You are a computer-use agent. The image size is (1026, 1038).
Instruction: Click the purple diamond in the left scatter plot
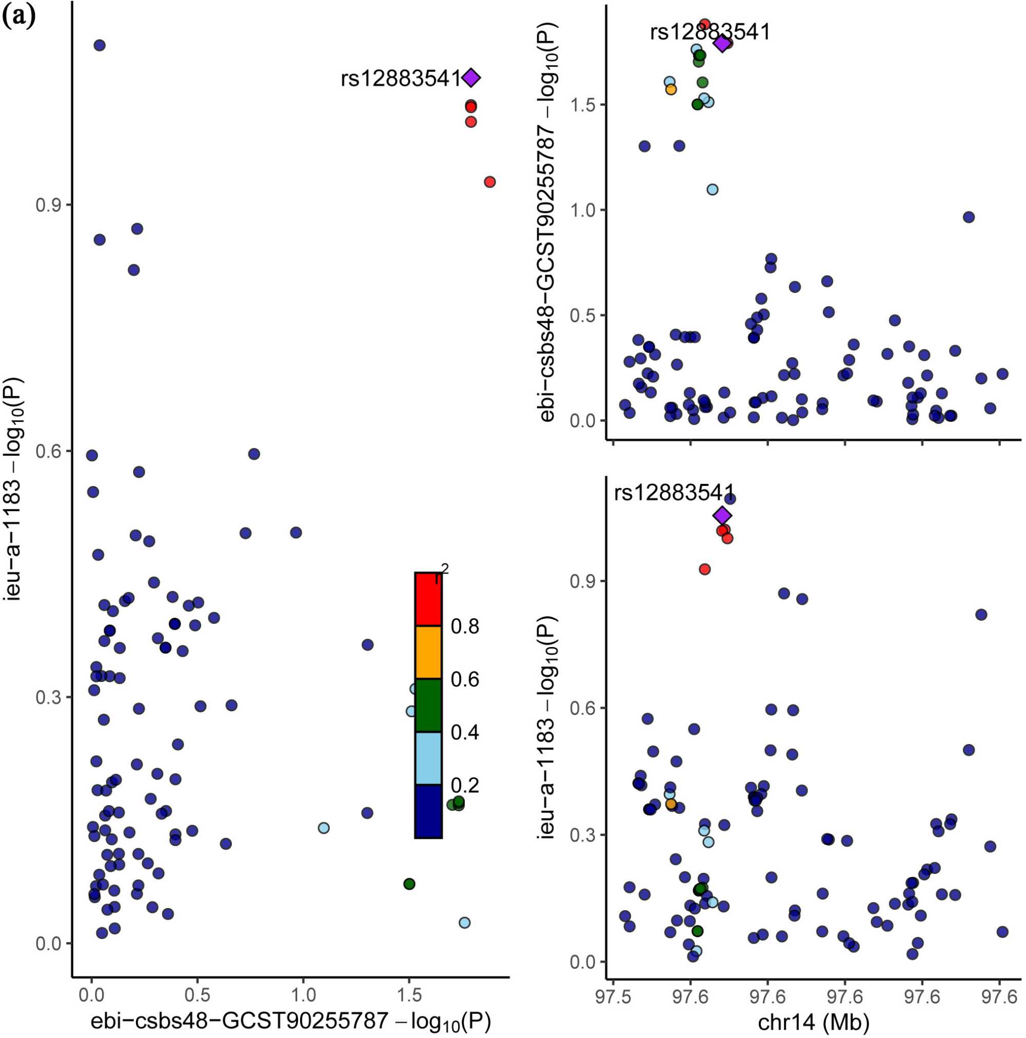click(x=470, y=78)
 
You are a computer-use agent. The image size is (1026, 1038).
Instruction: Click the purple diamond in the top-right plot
click(x=722, y=44)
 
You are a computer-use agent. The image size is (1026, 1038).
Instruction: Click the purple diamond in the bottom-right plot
click(x=722, y=515)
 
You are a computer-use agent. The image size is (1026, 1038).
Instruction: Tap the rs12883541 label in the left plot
click(x=401, y=79)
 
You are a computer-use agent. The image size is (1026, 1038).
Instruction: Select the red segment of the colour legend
click(x=428, y=599)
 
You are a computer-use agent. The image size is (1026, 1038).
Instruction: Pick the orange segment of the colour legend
click(x=428, y=652)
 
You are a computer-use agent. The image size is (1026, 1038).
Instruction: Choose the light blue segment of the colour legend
click(x=428, y=758)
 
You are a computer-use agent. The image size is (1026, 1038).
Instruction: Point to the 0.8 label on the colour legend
click(x=465, y=626)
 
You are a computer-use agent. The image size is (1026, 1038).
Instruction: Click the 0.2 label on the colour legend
click(x=465, y=786)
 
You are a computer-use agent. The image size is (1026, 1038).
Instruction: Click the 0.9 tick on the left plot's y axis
click(x=47, y=205)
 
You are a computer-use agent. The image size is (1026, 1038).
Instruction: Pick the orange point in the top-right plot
click(x=671, y=89)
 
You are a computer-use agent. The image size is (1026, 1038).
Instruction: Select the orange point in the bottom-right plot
click(x=671, y=805)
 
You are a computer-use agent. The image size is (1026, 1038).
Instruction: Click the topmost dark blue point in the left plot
click(x=100, y=45)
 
